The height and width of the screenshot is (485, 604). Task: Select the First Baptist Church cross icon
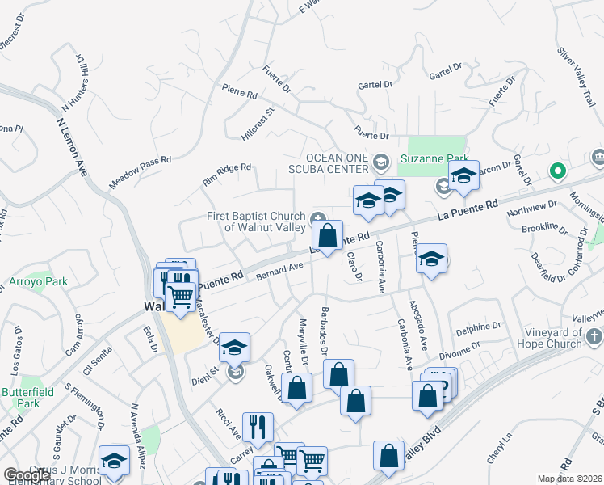[x=318, y=217]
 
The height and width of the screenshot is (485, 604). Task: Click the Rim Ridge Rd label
[x=227, y=174]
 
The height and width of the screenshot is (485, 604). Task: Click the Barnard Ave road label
[x=279, y=270]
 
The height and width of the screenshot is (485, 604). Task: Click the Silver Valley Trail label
[x=575, y=62]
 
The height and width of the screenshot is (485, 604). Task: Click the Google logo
[x=27, y=475]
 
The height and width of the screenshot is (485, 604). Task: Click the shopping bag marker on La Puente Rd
[x=327, y=235]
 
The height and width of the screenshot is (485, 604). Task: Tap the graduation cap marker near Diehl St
[x=234, y=347]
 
